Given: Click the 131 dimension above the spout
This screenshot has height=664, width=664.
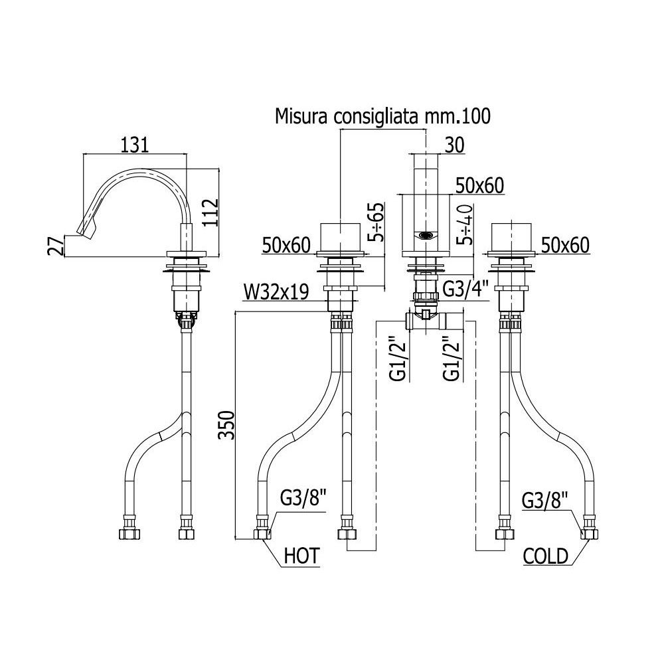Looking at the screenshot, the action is click(135, 145).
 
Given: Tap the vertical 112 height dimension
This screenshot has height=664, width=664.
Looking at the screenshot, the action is click(210, 213).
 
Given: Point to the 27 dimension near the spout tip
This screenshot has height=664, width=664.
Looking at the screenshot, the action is click(56, 245).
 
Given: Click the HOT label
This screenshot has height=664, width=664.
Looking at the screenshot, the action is click(301, 556).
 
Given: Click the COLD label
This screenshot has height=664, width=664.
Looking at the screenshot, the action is click(545, 556).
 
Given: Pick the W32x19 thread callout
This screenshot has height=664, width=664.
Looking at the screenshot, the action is click(276, 291).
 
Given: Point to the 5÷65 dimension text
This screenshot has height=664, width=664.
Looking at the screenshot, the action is click(375, 222).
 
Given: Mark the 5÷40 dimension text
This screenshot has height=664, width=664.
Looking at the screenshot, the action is click(465, 224).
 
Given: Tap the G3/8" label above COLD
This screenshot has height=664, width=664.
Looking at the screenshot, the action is click(544, 501).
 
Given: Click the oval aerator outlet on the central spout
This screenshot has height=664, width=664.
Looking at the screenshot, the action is click(426, 236).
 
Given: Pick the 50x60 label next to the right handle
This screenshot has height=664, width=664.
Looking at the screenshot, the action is click(565, 245).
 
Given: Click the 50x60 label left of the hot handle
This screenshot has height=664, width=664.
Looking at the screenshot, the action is click(286, 245).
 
